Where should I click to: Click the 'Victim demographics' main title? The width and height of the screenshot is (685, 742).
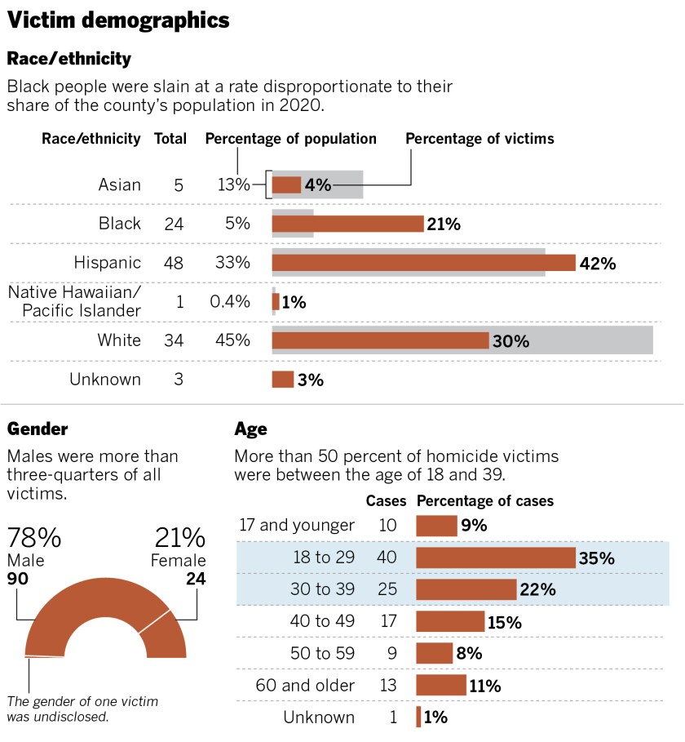(118, 20)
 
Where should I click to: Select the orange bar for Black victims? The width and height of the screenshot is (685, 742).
(347, 224)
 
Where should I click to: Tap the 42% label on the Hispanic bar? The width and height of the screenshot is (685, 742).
(597, 263)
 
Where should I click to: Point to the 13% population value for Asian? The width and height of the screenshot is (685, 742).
(233, 185)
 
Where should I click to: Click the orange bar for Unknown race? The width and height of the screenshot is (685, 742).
(282, 380)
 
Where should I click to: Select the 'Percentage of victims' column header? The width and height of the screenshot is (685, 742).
(479, 139)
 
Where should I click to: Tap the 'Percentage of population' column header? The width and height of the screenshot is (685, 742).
(290, 139)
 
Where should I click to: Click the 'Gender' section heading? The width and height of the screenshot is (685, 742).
(38, 429)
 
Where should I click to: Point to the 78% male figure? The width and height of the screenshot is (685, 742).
(34, 538)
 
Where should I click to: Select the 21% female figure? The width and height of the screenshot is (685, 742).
(179, 538)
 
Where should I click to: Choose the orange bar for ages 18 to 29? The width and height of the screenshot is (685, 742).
(496, 558)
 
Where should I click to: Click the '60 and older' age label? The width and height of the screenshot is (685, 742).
(307, 685)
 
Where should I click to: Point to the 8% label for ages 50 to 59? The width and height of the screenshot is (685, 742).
(469, 654)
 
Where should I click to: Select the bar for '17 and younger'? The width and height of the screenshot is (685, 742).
(436, 526)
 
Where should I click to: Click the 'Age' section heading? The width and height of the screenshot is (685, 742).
(250, 429)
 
